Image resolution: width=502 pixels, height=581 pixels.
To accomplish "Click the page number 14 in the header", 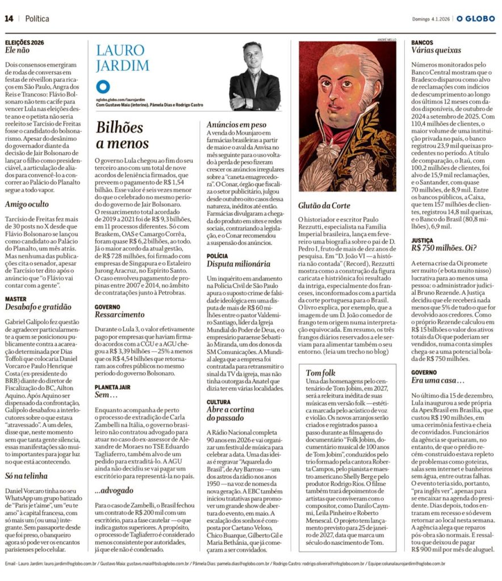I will click(9, 19).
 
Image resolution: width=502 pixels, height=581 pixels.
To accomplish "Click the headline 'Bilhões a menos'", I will click(123, 135).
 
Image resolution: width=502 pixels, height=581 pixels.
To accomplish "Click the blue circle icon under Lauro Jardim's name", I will click(103, 87).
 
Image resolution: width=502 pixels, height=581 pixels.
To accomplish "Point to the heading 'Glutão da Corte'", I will click(324, 206).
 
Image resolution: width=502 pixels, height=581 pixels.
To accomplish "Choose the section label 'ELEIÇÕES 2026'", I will click(24, 43).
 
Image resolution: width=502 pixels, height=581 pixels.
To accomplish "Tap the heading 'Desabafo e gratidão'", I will click(38, 307).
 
